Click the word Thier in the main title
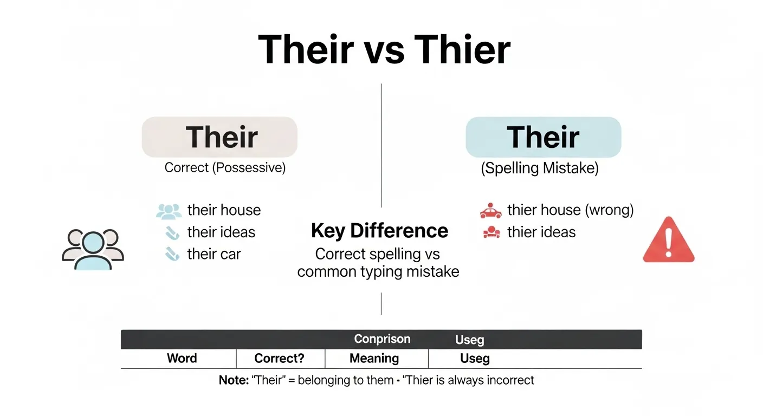[x=462, y=49]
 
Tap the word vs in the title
[x=384, y=53]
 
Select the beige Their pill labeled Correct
[x=219, y=137]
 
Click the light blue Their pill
[x=544, y=137]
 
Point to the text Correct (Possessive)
[x=225, y=167]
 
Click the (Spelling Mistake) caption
[x=540, y=168]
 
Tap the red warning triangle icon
[x=669, y=239]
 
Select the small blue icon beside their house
[x=169, y=211]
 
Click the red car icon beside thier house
[x=490, y=210]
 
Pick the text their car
[x=214, y=254]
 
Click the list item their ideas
[x=221, y=232]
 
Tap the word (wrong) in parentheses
[x=609, y=210]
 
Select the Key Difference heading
[x=379, y=230]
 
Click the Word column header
[x=182, y=358]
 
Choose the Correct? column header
[x=279, y=358]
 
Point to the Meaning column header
[x=374, y=359]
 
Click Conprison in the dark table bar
[x=382, y=339]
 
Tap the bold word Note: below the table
[x=234, y=380]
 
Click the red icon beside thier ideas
[x=492, y=232]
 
